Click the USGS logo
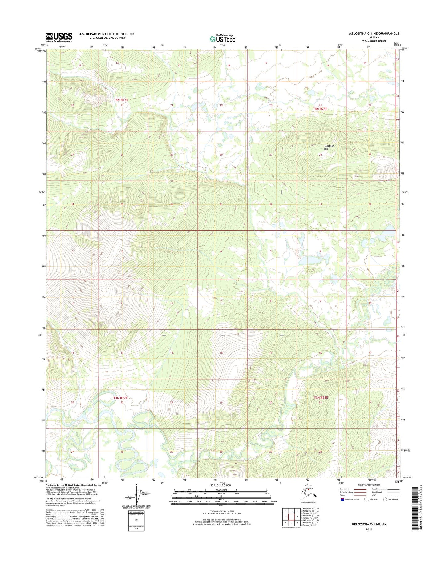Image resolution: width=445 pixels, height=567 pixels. tap(59, 37)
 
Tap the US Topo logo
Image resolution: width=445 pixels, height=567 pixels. tap(222, 39)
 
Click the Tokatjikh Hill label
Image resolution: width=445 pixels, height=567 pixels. tap(329, 147)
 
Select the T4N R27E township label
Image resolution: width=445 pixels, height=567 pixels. tap(121, 100)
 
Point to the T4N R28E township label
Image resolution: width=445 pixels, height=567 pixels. tap(320, 109)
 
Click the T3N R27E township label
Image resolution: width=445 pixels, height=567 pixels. tap(120, 398)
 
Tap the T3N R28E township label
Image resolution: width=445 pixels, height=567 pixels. tap(321, 398)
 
